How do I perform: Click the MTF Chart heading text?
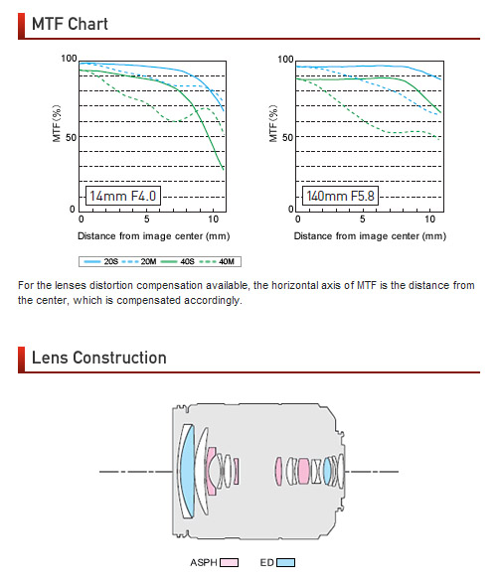click(70, 24)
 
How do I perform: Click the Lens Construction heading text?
click(99, 358)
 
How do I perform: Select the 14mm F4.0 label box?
click(123, 196)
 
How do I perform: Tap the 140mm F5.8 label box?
click(340, 196)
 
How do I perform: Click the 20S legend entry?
click(100, 262)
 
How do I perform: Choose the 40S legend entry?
click(178, 262)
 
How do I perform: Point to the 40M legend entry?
click(217, 262)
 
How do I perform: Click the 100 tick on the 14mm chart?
click(69, 59)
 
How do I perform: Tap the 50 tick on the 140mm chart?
click(287, 138)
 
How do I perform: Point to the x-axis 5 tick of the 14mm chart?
click(147, 219)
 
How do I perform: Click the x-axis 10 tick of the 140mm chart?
click(430, 219)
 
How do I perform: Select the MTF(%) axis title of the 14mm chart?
click(57, 123)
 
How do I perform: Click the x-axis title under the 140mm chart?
click(370, 236)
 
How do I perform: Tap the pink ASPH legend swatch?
click(229, 562)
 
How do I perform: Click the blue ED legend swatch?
click(285, 562)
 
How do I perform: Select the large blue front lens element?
click(187, 472)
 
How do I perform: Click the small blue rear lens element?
click(327, 471)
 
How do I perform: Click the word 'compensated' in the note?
click(149, 300)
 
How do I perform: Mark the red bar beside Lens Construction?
click(21, 360)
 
